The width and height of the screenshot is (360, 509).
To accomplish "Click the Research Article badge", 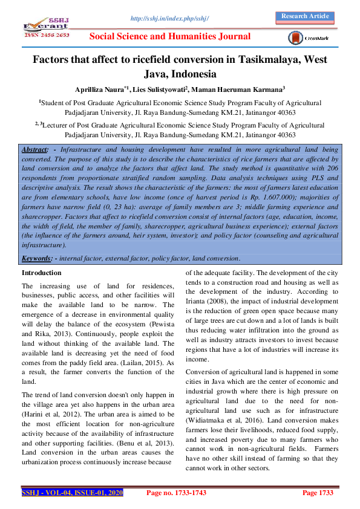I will point(306,16).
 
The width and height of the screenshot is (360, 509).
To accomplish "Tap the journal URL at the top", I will point(169,19).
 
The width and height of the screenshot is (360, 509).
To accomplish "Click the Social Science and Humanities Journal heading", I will point(170,37).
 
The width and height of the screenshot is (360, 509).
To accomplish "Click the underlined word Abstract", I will point(34,149).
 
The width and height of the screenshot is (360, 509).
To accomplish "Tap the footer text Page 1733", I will point(318,493).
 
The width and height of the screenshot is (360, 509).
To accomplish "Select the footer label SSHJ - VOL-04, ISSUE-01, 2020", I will point(73,493).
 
